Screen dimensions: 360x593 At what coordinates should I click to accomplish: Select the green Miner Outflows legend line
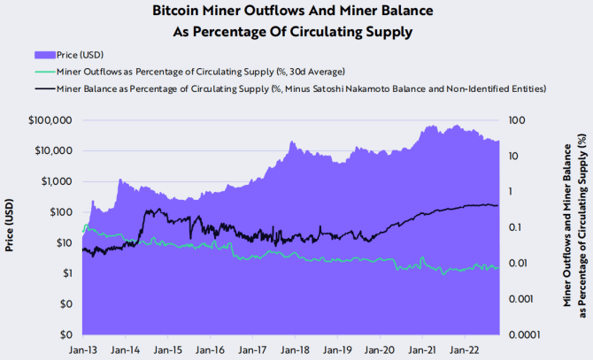[42, 71]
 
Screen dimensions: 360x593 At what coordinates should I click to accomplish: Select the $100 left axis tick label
[65, 212]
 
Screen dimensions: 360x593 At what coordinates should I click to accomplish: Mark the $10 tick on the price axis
[67, 242]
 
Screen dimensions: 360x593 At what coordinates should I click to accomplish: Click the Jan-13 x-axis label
[82, 349]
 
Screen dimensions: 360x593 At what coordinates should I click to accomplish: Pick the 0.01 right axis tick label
[519, 263]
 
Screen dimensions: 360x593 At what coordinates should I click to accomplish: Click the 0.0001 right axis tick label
[524, 334]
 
